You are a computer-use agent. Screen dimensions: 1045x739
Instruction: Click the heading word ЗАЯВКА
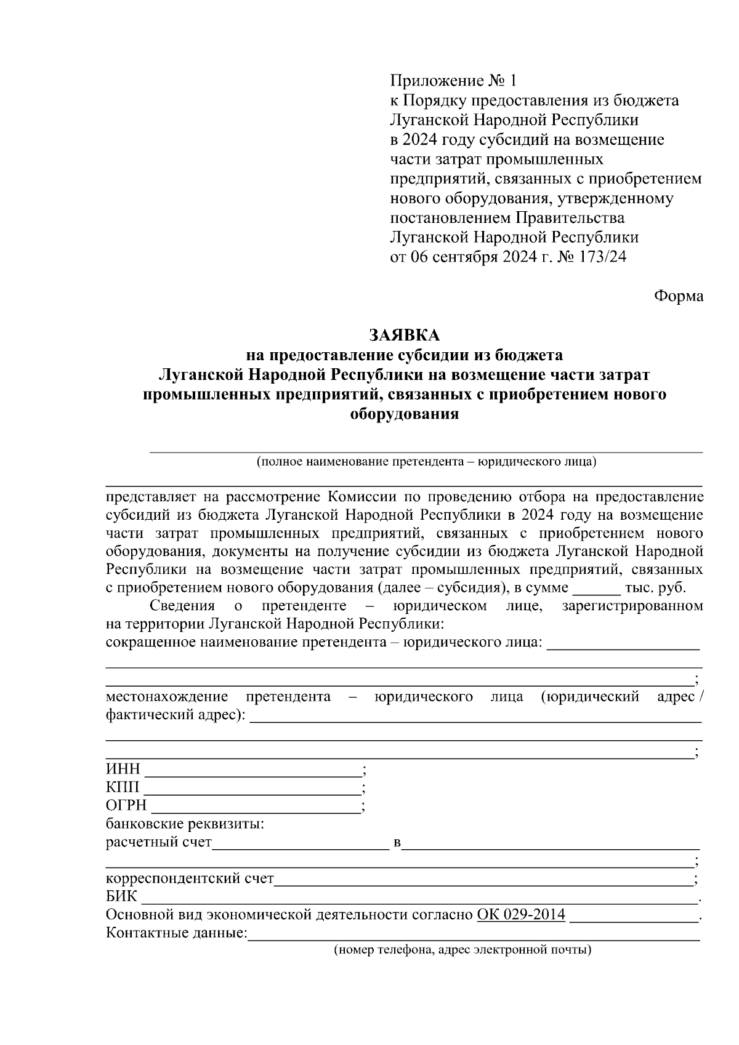[404, 335]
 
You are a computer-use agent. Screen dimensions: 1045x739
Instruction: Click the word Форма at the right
[678, 296]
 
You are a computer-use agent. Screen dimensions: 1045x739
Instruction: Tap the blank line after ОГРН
[256, 806]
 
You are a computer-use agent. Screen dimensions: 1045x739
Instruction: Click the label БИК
[122, 897]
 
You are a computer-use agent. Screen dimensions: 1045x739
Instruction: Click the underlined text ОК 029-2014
[521, 914]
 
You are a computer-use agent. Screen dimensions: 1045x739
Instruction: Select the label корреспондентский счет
[190, 879]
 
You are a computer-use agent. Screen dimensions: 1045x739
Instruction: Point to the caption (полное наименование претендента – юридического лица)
[426, 462]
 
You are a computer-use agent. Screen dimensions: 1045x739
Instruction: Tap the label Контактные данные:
[176, 933]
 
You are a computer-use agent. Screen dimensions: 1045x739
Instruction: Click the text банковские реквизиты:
[185, 824]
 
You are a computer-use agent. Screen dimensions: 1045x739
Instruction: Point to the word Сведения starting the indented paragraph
[182, 607]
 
